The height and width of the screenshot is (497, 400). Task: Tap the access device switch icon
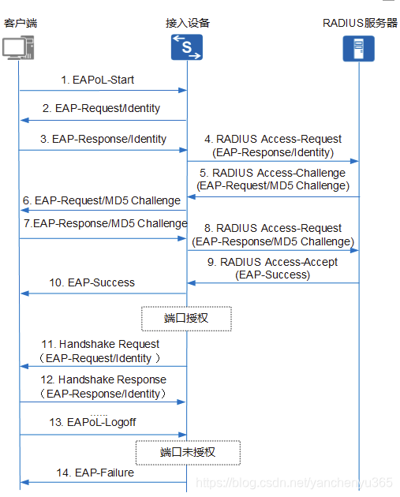tap(187, 47)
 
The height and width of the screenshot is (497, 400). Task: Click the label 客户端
tap(20, 23)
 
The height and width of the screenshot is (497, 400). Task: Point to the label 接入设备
tap(187, 23)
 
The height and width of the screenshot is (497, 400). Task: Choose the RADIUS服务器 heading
tap(360, 23)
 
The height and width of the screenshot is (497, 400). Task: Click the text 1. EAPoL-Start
tap(99, 80)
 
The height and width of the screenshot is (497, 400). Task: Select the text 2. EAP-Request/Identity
tap(102, 108)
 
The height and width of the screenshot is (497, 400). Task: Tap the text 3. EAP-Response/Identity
tap(103, 139)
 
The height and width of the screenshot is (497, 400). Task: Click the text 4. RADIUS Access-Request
tap(274, 140)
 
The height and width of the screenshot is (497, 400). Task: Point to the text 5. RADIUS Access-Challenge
tap(273, 173)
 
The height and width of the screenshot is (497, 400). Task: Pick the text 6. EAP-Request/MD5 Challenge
tap(102, 200)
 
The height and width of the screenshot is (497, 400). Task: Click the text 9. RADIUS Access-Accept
tap(273, 262)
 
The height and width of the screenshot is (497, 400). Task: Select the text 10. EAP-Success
tap(92, 282)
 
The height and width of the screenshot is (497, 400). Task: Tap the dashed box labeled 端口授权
tap(187, 318)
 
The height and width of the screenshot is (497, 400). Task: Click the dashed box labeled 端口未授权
tap(187, 452)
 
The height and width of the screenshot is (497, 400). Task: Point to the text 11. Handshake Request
tap(101, 344)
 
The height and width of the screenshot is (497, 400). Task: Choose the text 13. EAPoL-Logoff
tap(92, 422)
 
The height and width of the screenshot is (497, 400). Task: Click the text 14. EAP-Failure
tap(94, 473)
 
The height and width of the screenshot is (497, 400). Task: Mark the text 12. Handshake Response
tap(103, 379)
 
